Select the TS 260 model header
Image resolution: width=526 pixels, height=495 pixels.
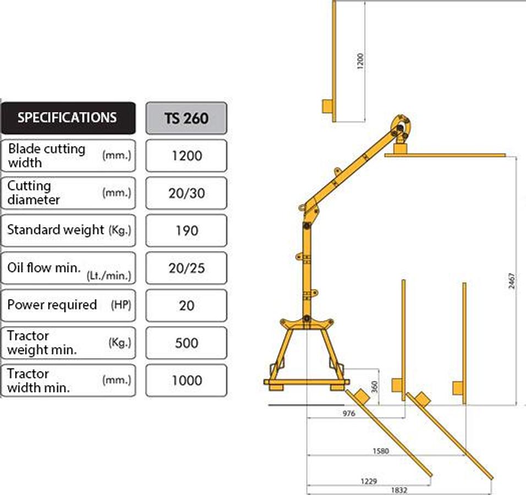pos(186,118)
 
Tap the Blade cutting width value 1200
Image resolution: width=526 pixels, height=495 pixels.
pos(187,156)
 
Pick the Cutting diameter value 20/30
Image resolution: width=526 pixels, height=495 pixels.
pos(187,193)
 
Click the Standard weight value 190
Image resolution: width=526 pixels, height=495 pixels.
pos(187,231)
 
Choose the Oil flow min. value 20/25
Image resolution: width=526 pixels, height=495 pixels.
pos(187,268)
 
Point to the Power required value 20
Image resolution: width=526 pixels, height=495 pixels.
pos(187,305)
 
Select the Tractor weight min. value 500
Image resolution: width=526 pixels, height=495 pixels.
pos(187,343)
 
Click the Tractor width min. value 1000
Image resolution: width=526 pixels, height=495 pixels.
pos(187,380)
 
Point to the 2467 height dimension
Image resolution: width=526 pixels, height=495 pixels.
pos(511,280)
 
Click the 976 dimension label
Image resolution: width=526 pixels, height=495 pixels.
pos(349,414)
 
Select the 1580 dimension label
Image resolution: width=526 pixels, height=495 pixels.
pos(381,451)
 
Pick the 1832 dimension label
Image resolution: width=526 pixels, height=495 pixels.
pos(399,490)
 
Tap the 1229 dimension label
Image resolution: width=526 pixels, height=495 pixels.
pos(369,482)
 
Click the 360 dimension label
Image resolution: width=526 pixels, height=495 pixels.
pos(375,387)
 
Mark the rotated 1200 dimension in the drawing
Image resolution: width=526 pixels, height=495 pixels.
pos(360,61)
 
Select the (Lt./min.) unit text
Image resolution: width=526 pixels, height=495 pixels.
pos(109,276)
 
